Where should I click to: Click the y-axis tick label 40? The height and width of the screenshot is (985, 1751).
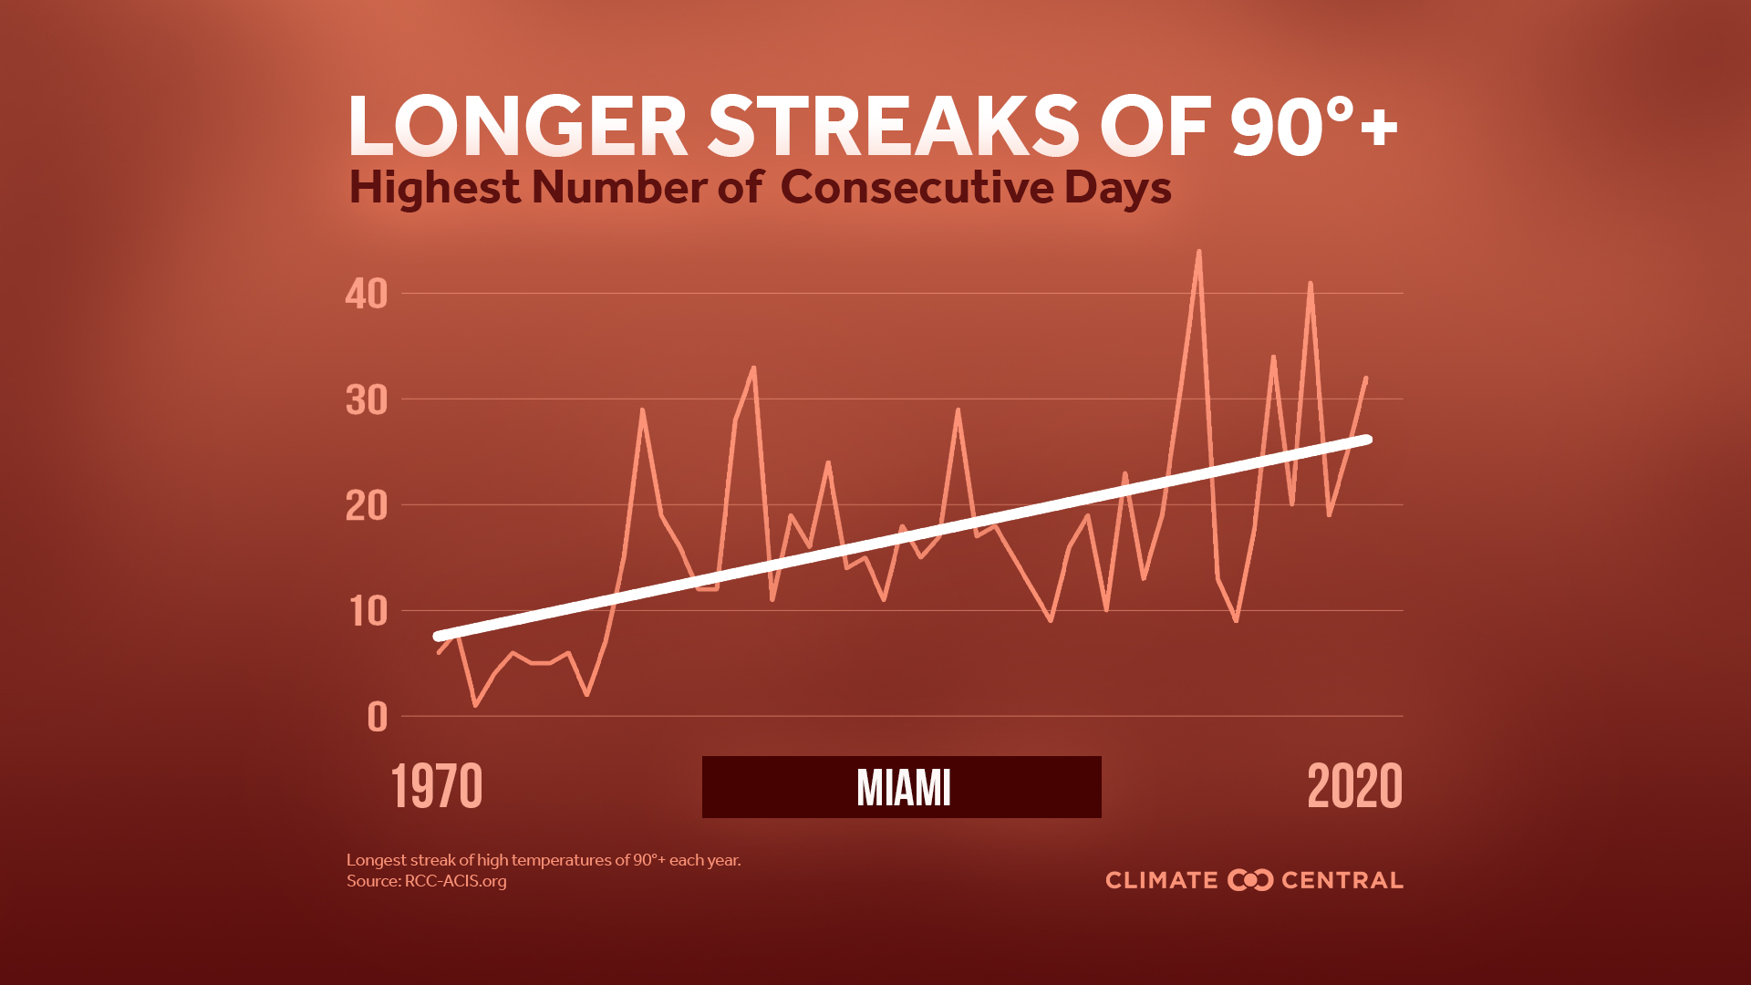click(367, 294)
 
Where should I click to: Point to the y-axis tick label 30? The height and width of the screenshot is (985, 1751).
click(367, 400)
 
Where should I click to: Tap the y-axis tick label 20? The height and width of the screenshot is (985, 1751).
click(367, 506)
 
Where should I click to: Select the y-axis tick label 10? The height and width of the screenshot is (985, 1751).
click(368, 612)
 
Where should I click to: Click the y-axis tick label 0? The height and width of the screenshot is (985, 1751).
click(378, 718)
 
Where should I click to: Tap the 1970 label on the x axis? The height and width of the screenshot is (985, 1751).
click(437, 787)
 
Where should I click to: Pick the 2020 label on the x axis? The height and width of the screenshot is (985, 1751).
click(1354, 787)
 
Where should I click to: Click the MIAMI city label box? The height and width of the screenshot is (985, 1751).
click(902, 787)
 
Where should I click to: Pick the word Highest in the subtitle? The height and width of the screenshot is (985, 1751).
click(434, 188)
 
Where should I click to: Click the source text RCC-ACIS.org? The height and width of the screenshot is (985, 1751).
click(455, 881)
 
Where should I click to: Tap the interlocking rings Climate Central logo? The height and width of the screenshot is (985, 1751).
click(1250, 880)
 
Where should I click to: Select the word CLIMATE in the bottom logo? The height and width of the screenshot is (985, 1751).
click(1162, 880)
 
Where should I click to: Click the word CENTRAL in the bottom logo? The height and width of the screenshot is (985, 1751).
click(1342, 880)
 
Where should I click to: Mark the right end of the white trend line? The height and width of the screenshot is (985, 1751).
click(1366, 440)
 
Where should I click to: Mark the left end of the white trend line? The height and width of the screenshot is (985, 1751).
click(438, 636)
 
